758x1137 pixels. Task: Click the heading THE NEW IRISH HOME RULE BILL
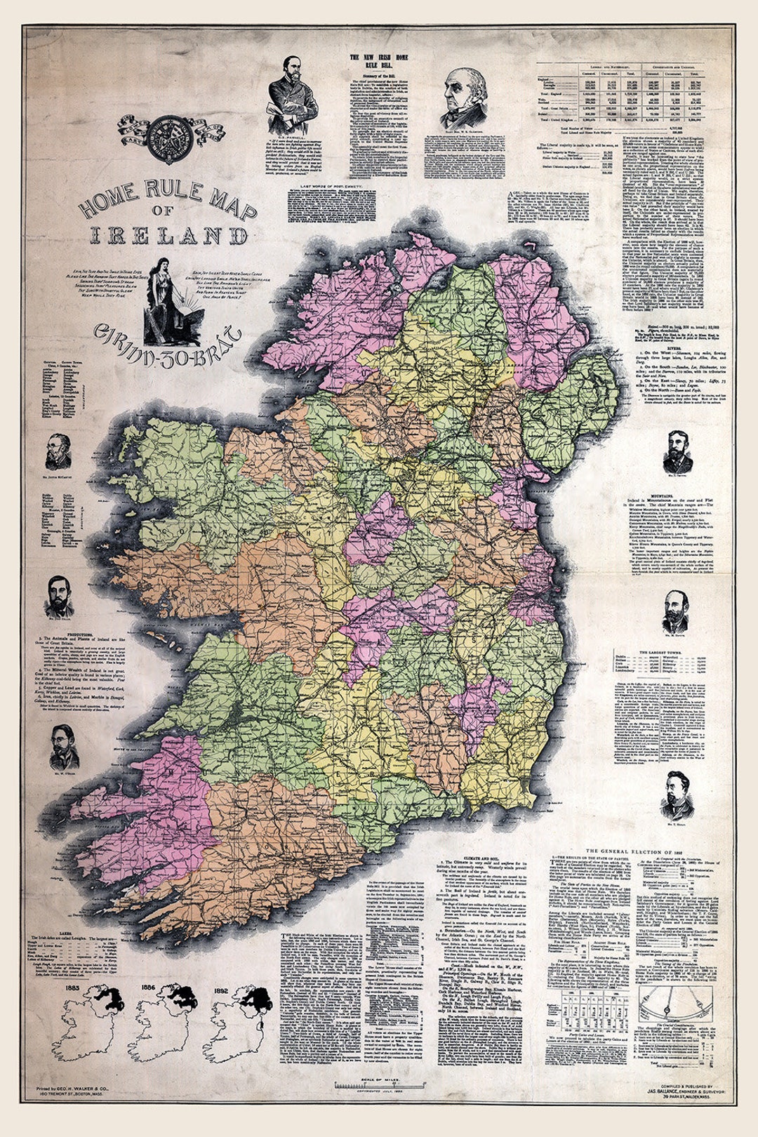(x=379, y=61)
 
